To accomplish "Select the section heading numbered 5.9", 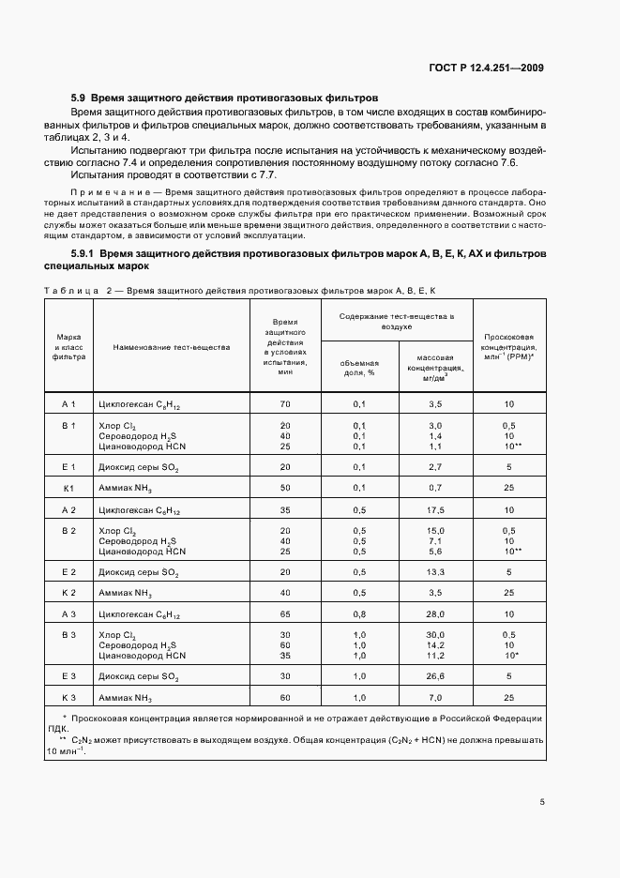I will pos(224,98).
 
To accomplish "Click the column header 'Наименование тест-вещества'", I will pos(171,347).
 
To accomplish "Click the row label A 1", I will pos(68,403).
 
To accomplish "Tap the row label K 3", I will pos(68,699).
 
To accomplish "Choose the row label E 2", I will pos(68,571).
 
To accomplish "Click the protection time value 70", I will pos(285,403).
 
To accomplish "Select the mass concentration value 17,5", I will pos(434,509).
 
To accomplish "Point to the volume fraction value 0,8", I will pos(358,613).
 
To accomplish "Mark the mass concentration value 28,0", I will pos(434,613).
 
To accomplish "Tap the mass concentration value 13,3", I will pos(434,571).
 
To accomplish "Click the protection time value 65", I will pos(285,613).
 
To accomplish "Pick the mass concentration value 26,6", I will pos(434,675).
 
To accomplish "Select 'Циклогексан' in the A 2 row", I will pos(126,510).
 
